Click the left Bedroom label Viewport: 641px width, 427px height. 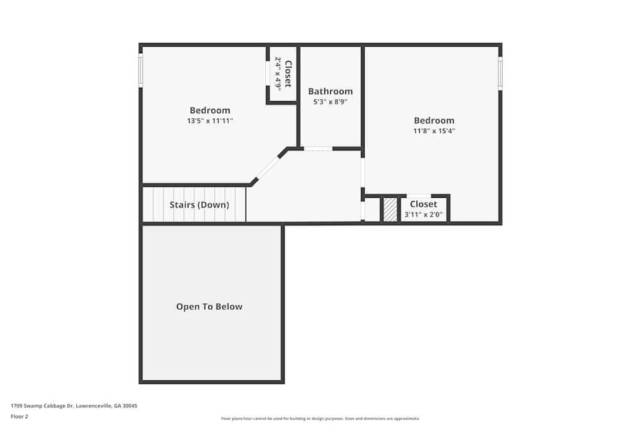[x=210, y=110]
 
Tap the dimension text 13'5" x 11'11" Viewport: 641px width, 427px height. [x=210, y=120]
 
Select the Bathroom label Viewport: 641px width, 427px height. [x=330, y=92]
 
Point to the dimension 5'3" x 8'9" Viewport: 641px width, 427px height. [x=330, y=101]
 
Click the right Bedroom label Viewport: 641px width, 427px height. [x=434, y=120]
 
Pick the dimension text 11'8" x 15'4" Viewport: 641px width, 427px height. [x=434, y=131]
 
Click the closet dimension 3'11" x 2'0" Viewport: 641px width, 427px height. [x=423, y=214]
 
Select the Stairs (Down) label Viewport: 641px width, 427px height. [x=199, y=205]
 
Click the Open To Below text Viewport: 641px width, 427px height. [x=209, y=307]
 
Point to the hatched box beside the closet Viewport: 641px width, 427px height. [x=390, y=210]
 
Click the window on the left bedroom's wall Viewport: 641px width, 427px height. [x=140, y=70]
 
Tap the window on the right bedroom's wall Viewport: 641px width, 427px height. [x=500, y=73]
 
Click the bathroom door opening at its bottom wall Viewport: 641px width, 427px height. [x=317, y=149]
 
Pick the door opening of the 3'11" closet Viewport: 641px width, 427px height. [x=419, y=196]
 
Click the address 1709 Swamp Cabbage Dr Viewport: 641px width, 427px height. [x=74, y=406]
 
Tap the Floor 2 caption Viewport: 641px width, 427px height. [x=19, y=416]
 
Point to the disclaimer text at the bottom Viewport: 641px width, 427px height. [x=320, y=419]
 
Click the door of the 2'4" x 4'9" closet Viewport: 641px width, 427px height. [x=268, y=72]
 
